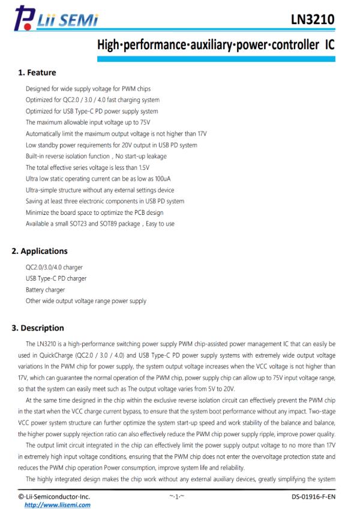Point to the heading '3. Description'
tap(42, 328)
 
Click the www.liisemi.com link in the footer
tap(57, 505)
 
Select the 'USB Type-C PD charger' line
tap(56, 278)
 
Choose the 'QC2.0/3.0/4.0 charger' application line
tap(55, 268)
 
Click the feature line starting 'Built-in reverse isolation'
tap(96, 156)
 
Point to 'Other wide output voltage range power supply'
tap(86, 301)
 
